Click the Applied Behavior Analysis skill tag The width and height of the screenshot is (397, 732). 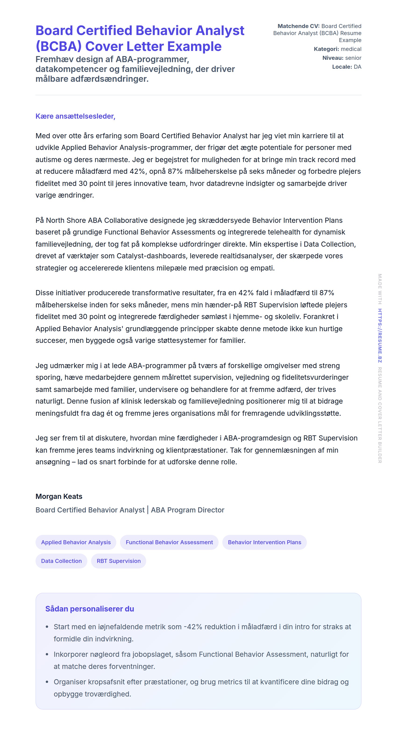[x=76, y=542]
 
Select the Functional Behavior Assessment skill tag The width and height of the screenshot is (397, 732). [x=169, y=542]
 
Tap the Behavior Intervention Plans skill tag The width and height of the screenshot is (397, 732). [x=264, y=542]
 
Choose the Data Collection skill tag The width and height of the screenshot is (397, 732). [x=61, y=561]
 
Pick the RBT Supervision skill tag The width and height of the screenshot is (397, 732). [x=118, y=561]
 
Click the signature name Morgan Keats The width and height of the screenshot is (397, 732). [x=59, y=496]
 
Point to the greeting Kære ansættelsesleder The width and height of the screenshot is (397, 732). [x=75, y=116]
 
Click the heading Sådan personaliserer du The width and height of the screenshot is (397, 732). [x=89, y=609]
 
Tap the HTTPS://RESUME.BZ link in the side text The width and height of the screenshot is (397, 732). [x=380, y=335]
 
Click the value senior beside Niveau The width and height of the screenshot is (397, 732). [x=353, y=58]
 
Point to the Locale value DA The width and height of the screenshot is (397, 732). [x=358, y=67]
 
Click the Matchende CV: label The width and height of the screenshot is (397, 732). [x=298, y=26]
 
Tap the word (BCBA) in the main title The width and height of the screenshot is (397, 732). [x=58, y=46]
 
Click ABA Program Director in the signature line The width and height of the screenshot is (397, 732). [x=188, y=510]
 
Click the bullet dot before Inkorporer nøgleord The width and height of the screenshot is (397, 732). [x=47, y=654]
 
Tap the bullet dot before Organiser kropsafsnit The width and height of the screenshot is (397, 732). [x=47, y=682]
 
